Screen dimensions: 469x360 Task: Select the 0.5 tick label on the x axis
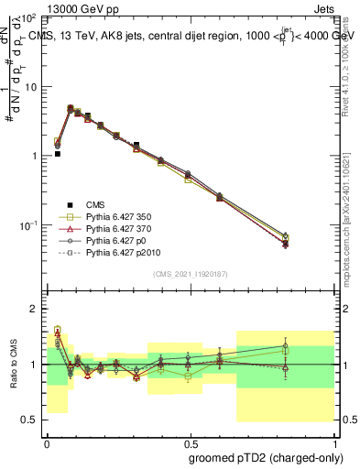(x=190, y=440)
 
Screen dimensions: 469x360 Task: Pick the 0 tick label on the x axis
(x=47, y=440)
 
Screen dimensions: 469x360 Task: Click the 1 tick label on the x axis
(x=333, y=440)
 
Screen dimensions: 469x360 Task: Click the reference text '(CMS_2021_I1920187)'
(x=190, y=274)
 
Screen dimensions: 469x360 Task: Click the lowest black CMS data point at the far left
(x=58, y=154)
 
